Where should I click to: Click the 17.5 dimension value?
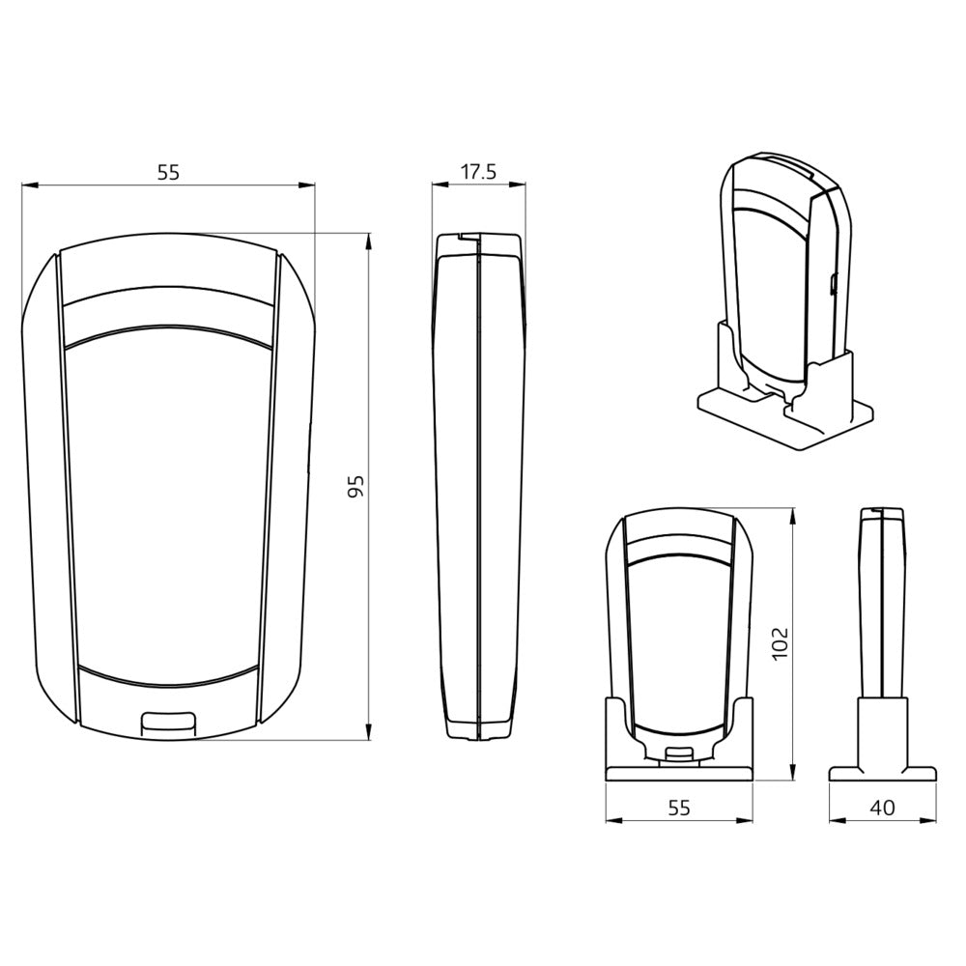point(478,173)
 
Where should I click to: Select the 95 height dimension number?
point(355,486)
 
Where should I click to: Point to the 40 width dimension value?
point(882,808)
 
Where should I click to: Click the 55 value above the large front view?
point(168,173)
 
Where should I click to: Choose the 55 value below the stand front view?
point(679,808)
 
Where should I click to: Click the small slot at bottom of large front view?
point(168,720)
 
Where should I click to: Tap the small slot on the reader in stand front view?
point(679,755)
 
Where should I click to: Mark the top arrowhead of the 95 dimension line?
point(369,239)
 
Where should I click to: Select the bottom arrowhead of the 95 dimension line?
point(369,735)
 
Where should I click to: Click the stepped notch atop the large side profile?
point(468,236)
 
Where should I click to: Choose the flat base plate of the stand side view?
point(882,773)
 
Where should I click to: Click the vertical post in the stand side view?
point(882,729)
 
